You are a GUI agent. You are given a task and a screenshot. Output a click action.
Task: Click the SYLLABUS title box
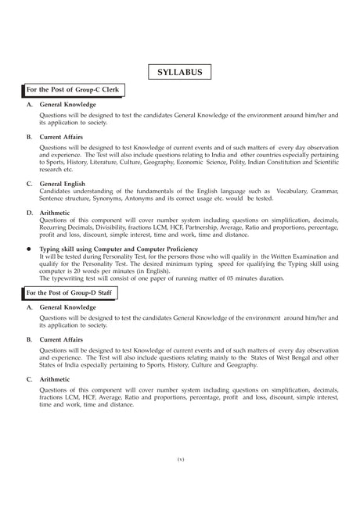click(179, 72)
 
